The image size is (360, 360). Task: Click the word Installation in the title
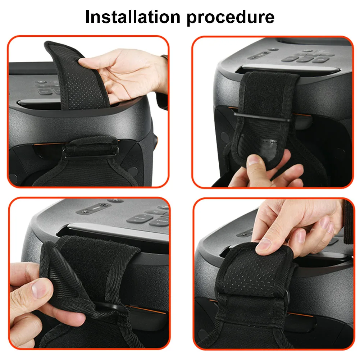[x=132, y=17]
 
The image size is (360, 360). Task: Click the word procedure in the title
[x=231, y=17]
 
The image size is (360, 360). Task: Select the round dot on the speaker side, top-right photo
[x=225, y=137]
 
